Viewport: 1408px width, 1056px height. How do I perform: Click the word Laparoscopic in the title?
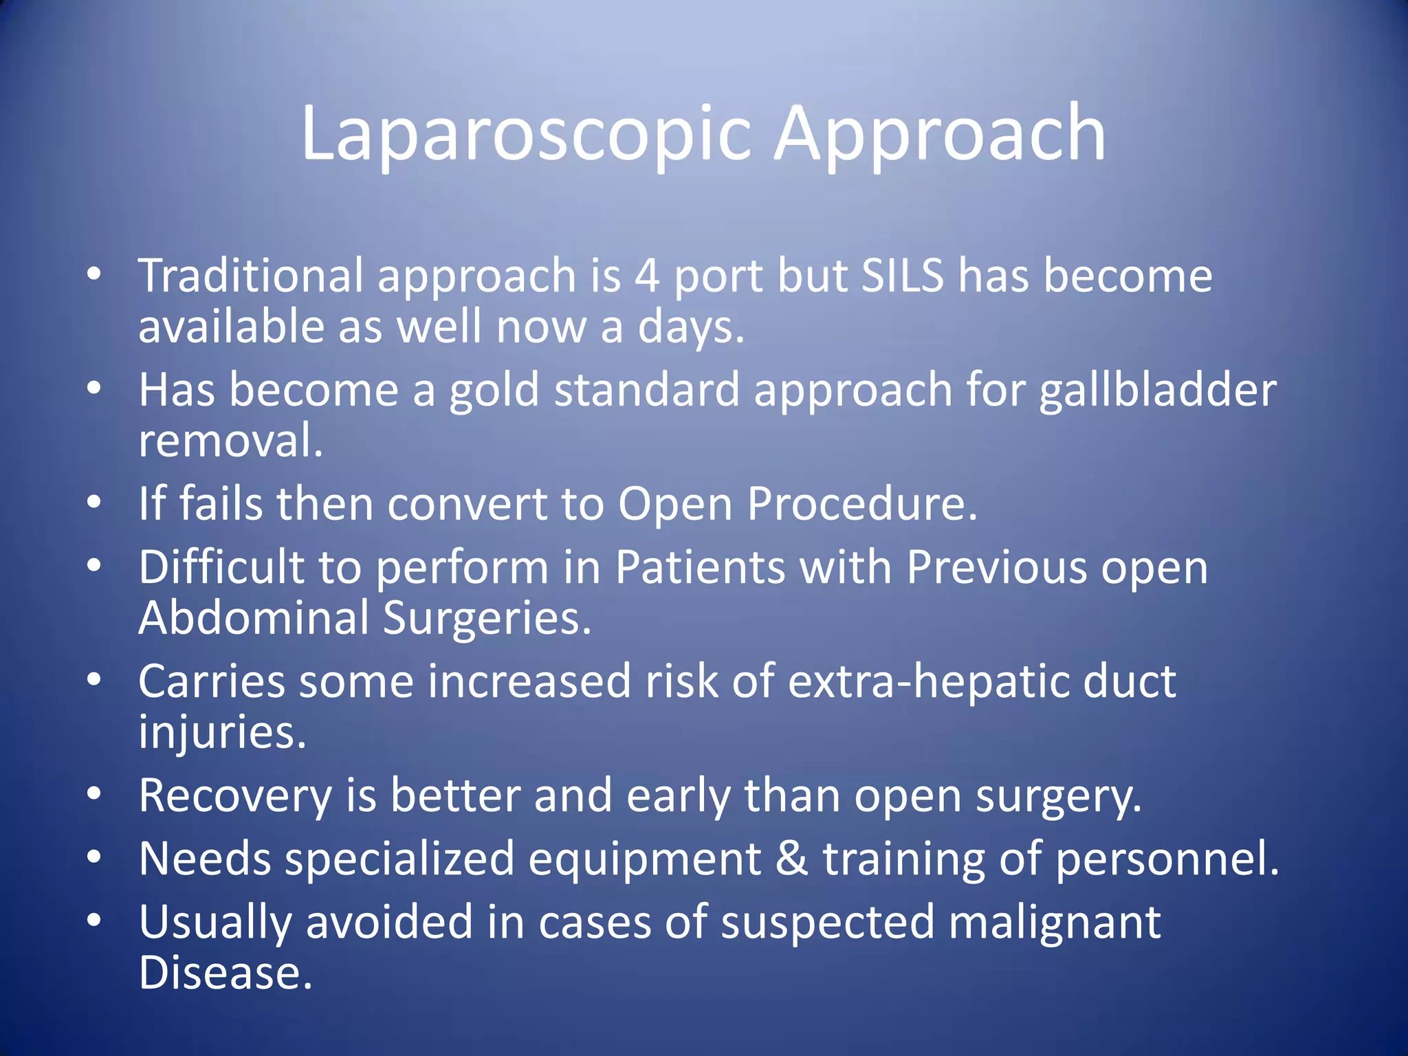pos(526,134)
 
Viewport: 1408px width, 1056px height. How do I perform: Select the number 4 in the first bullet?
pos(646,276)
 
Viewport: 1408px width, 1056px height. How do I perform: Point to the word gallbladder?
pos(1158,390)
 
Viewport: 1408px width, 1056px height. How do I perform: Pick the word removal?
pos(230,441)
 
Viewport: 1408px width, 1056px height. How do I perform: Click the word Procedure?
pos(861,504)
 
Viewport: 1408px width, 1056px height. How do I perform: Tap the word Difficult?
pos(221,568)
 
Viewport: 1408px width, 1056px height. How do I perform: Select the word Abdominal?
pos(254,618)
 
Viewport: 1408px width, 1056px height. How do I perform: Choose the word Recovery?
pos(235,796)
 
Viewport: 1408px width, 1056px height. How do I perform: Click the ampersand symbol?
pos(791,859)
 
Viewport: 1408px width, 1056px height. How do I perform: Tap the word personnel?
pos(1166,859)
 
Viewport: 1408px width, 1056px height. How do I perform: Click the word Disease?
pos(225,973)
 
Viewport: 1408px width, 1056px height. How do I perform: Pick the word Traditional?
pos(250,276)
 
